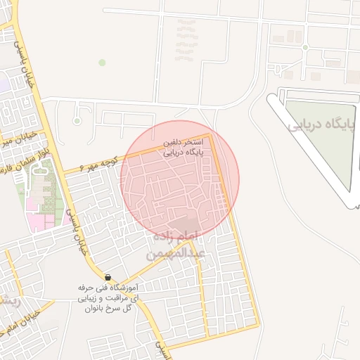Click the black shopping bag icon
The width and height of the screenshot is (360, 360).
coord(108,278)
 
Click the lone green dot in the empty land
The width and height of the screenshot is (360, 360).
coord(102,63)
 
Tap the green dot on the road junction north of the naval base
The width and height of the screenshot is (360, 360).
coord(305,47)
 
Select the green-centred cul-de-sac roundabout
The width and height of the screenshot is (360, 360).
coord(77,110)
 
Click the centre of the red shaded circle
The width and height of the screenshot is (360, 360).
coord(179,179)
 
